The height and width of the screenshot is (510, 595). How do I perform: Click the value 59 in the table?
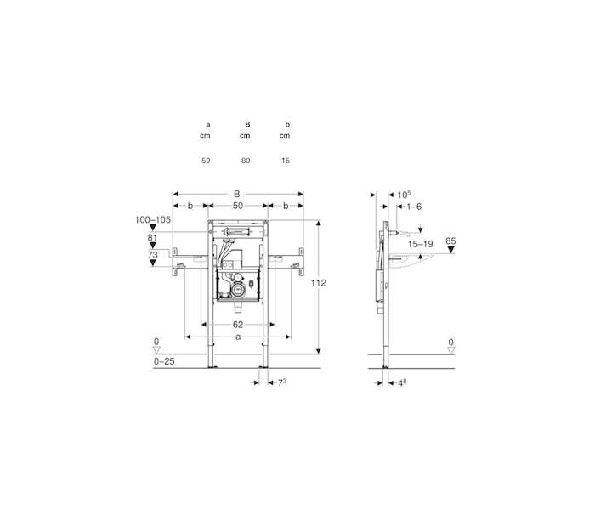(206, 161)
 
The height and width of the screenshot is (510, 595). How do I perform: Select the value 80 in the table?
(246, 161)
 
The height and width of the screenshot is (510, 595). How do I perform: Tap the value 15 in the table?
(286, 161)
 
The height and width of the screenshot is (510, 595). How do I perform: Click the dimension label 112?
(319, 283)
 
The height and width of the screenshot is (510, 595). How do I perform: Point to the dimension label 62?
(238, 325)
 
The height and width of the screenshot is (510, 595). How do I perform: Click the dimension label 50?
(238, 206)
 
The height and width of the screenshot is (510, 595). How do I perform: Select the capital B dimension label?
(237, 194)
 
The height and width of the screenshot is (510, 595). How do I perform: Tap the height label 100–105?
(153, 219)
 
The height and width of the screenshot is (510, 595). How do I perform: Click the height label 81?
(152, 237)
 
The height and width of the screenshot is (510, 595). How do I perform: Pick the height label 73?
(152, 255)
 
